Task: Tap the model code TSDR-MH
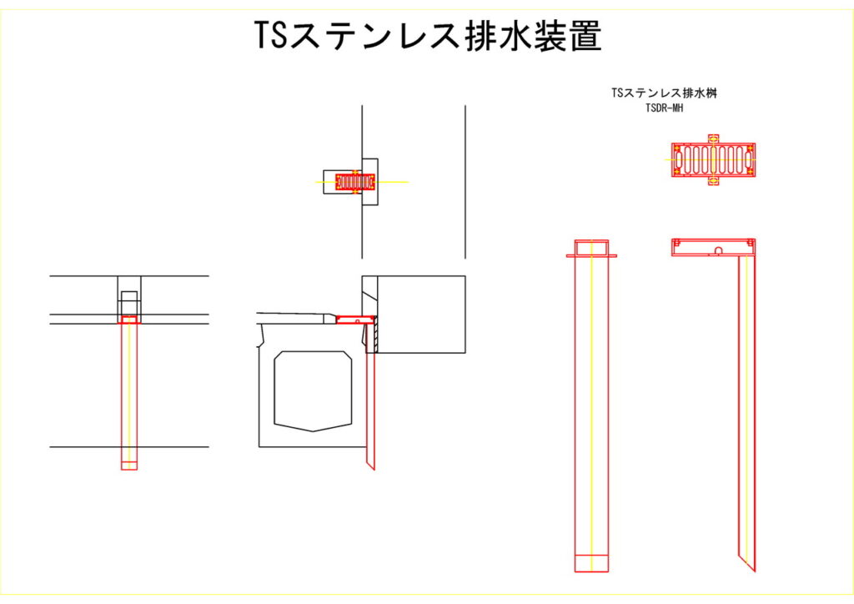(x=664, y=107)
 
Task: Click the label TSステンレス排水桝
(x=664, y=93)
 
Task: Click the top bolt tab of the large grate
(x=713, y=138)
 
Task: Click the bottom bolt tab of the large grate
(x=713, y=179)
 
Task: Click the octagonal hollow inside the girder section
(x=313, y=390)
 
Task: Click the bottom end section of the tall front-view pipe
(x=591, y=563)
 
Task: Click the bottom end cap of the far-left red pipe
(x=128, y=466)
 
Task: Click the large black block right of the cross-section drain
(x=421, y=314)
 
